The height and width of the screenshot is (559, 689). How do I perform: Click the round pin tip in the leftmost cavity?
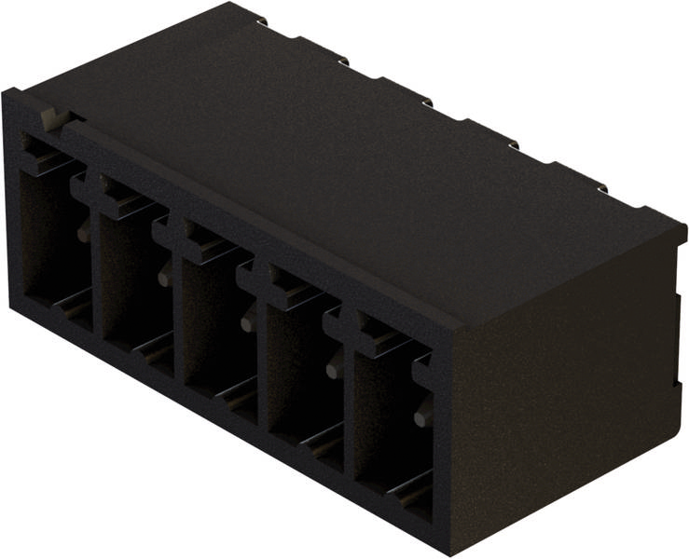tap(84, 233)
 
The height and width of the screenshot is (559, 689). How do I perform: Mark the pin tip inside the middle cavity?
tap(247, 322)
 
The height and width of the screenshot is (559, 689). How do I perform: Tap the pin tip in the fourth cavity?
tap(333, 369)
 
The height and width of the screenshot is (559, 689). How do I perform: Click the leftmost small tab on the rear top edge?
tap(260, 20)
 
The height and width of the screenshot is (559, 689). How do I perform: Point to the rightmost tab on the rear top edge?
tap(600, 189)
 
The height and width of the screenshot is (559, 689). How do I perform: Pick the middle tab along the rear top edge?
tap(426, 102)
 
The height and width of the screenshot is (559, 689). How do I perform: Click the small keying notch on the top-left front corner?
tap(54, 118)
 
